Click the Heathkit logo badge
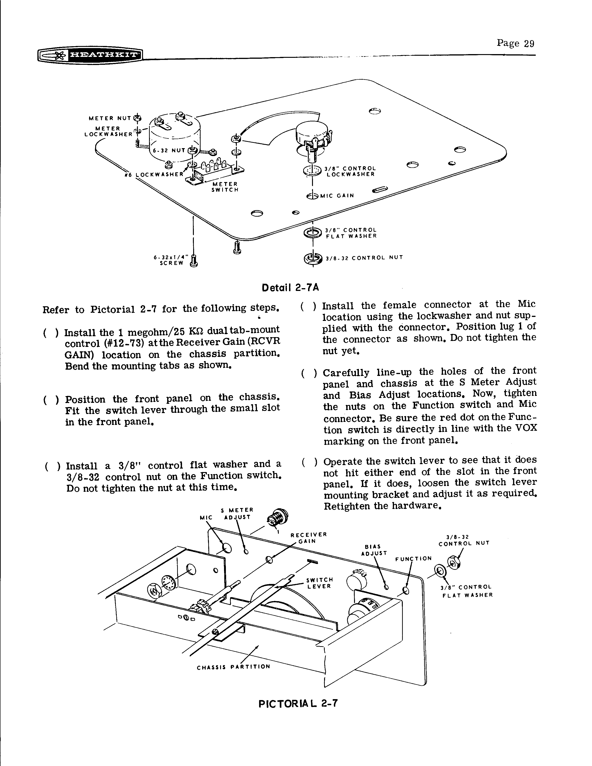[90, 55]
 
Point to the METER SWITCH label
[224, 187]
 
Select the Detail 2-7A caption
[290, 288]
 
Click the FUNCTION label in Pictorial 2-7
[413, 559]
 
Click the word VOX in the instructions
[526, 429]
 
